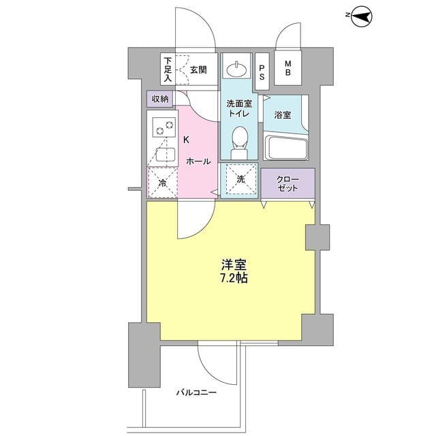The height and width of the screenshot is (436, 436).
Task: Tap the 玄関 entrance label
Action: [x=198, y=69]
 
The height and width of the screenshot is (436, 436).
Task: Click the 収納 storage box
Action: [x=160, y=99]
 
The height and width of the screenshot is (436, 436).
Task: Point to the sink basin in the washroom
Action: [x=238, y=68]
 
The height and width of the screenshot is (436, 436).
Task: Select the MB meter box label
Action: [x=288, y=69]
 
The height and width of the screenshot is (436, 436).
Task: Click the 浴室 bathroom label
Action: [x=283, y=115]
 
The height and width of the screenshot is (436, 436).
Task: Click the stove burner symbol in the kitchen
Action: [x=163, y=127]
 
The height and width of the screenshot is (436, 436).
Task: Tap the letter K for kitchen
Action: [x=185, y=140]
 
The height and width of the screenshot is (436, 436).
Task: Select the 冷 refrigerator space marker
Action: [x=163, y=183]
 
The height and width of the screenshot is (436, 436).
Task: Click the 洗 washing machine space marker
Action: [x=240, y=179]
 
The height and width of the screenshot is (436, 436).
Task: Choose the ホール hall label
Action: [x=198, y=161]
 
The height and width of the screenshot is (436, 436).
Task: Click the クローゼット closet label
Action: [x=287, y=183]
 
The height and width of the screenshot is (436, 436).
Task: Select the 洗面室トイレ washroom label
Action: [x=238, y=109]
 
